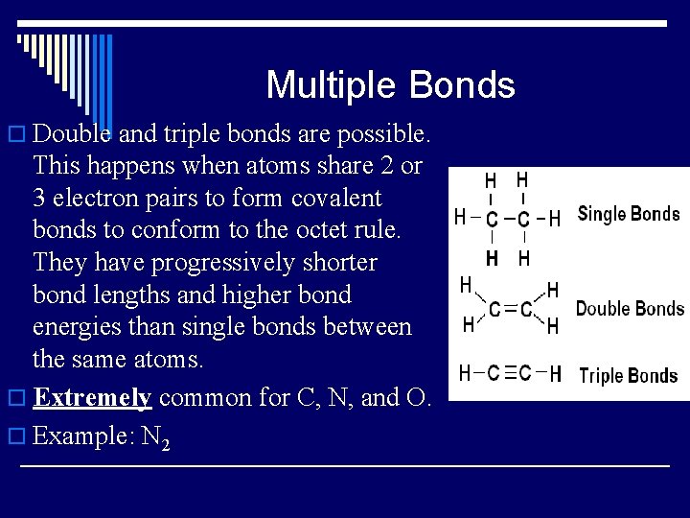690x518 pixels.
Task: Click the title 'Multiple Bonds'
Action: click(x=390, y=85)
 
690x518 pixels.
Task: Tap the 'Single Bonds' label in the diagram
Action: click(x=629, y=214)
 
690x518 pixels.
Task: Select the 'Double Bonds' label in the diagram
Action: click(x=630, y=308)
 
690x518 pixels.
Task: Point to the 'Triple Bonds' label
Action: click(x=628, y=375)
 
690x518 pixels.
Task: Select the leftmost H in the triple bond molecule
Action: click(x=465, y=373)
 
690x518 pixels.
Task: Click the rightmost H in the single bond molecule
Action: click(x=555, y=219)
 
